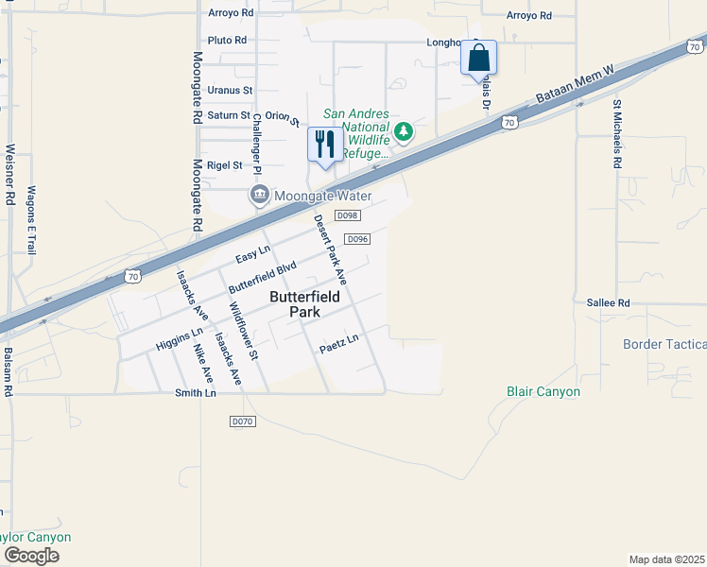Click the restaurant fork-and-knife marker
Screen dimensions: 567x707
click(x=325, y=145)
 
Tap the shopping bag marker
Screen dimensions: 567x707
click(x=478, y=58)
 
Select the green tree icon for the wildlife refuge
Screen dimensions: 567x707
click(x=404, y=131)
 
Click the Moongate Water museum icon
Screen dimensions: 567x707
click(x=258, y=196)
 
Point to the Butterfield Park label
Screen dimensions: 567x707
click(x=308, y=302)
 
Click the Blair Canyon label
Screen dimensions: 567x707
click(x=543, y=391)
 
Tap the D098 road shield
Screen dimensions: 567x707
click(x=348, y=215)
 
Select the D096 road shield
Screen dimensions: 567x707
click(x=356, y=239)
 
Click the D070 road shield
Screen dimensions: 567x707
click(x=243, y=420)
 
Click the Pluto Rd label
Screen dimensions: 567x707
click(x=227, y=41)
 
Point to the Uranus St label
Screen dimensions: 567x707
click(x=231, y=91)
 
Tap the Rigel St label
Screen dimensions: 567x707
click(x=225, y=164)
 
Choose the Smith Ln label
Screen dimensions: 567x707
click(x=196, y=392)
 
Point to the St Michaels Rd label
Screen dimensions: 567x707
click(x=617, y=134)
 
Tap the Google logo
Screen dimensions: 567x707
click(x=31, y=555)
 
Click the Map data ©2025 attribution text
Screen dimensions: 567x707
click(x=665, y=559)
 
